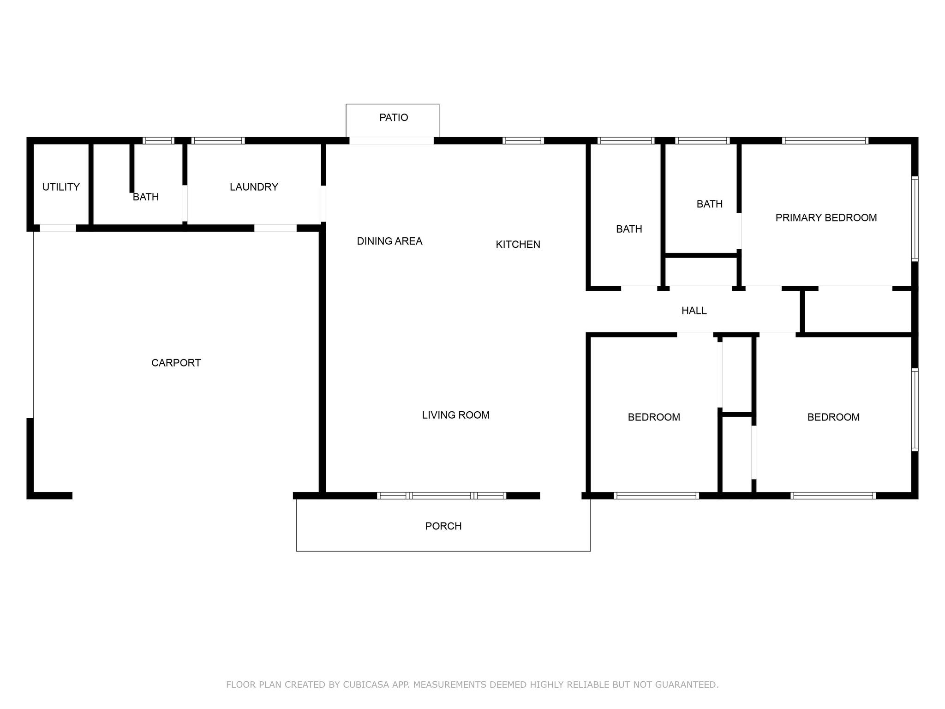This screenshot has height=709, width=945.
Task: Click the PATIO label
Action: click(x=394, y=118)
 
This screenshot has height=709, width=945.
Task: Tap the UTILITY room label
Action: click(x=61, y=187)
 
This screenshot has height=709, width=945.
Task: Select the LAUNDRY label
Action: click(x=254, y=187)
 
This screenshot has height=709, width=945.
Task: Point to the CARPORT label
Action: click(x=176, y=363)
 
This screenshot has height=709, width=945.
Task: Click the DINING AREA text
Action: click(x=389, y=241)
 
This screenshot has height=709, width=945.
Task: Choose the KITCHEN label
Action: click(x=518, y=245)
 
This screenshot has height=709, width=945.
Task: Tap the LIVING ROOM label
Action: click(x=455, y=415)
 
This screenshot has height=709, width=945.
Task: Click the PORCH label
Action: click(x=443, y=526)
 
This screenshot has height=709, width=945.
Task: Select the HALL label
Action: click(x=694, y=311)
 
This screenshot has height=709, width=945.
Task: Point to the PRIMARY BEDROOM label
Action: click(x=826, y=218)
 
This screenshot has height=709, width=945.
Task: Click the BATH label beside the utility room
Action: click(x=146, y=197)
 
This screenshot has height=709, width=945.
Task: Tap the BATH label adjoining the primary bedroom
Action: click(x=710, y=204)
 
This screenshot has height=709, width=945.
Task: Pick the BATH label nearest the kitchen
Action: click(x=629, y=229)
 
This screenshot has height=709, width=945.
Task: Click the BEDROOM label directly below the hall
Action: click(x=654, y=417)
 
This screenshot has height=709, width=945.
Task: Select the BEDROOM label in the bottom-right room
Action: click(x=833, y=417)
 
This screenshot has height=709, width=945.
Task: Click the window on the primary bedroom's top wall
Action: click(x=825, y=141)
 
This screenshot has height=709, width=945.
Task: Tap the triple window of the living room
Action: click(x=442, y=496)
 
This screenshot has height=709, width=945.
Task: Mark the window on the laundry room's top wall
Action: click(x=218, y=141)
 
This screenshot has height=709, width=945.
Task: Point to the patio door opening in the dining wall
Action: click(x=391, y=141)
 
